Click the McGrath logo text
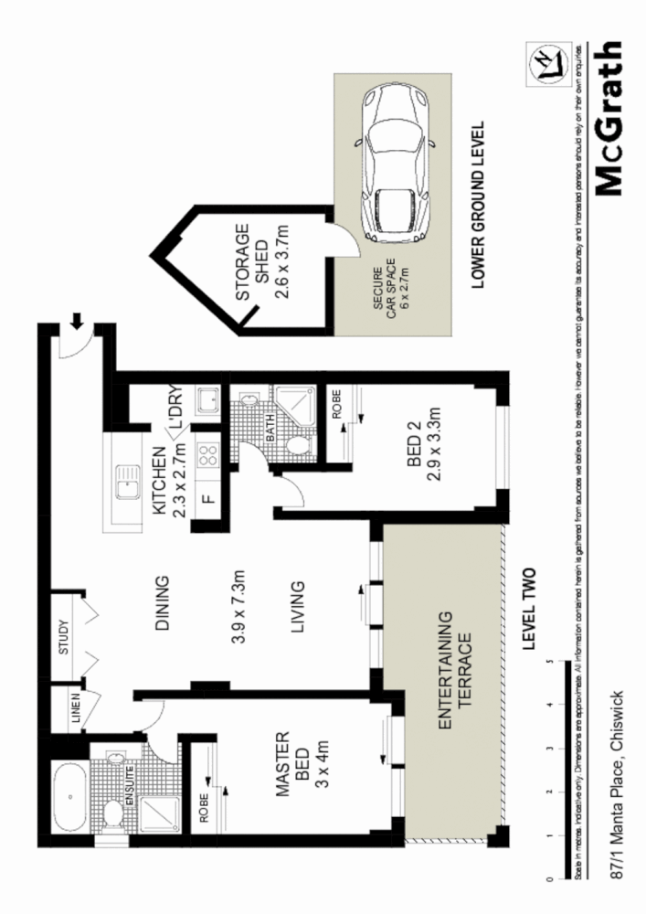click(610, 120)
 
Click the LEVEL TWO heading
click(526, 609)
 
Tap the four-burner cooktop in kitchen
click(208, 454)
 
